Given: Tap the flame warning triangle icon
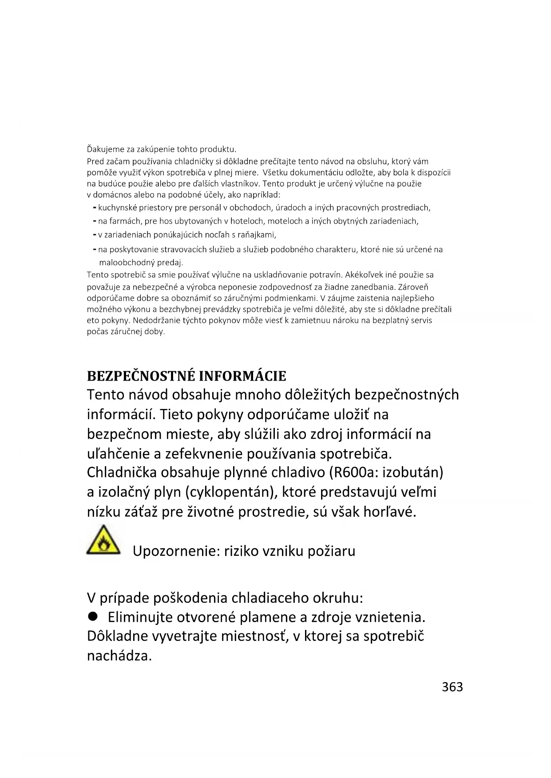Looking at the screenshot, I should point(104,541).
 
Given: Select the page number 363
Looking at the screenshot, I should point(452,687).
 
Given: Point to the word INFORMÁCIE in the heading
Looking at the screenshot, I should point(242,376).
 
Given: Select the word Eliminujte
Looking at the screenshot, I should point(140,617).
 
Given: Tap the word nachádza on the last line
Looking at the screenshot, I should point(119,656).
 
